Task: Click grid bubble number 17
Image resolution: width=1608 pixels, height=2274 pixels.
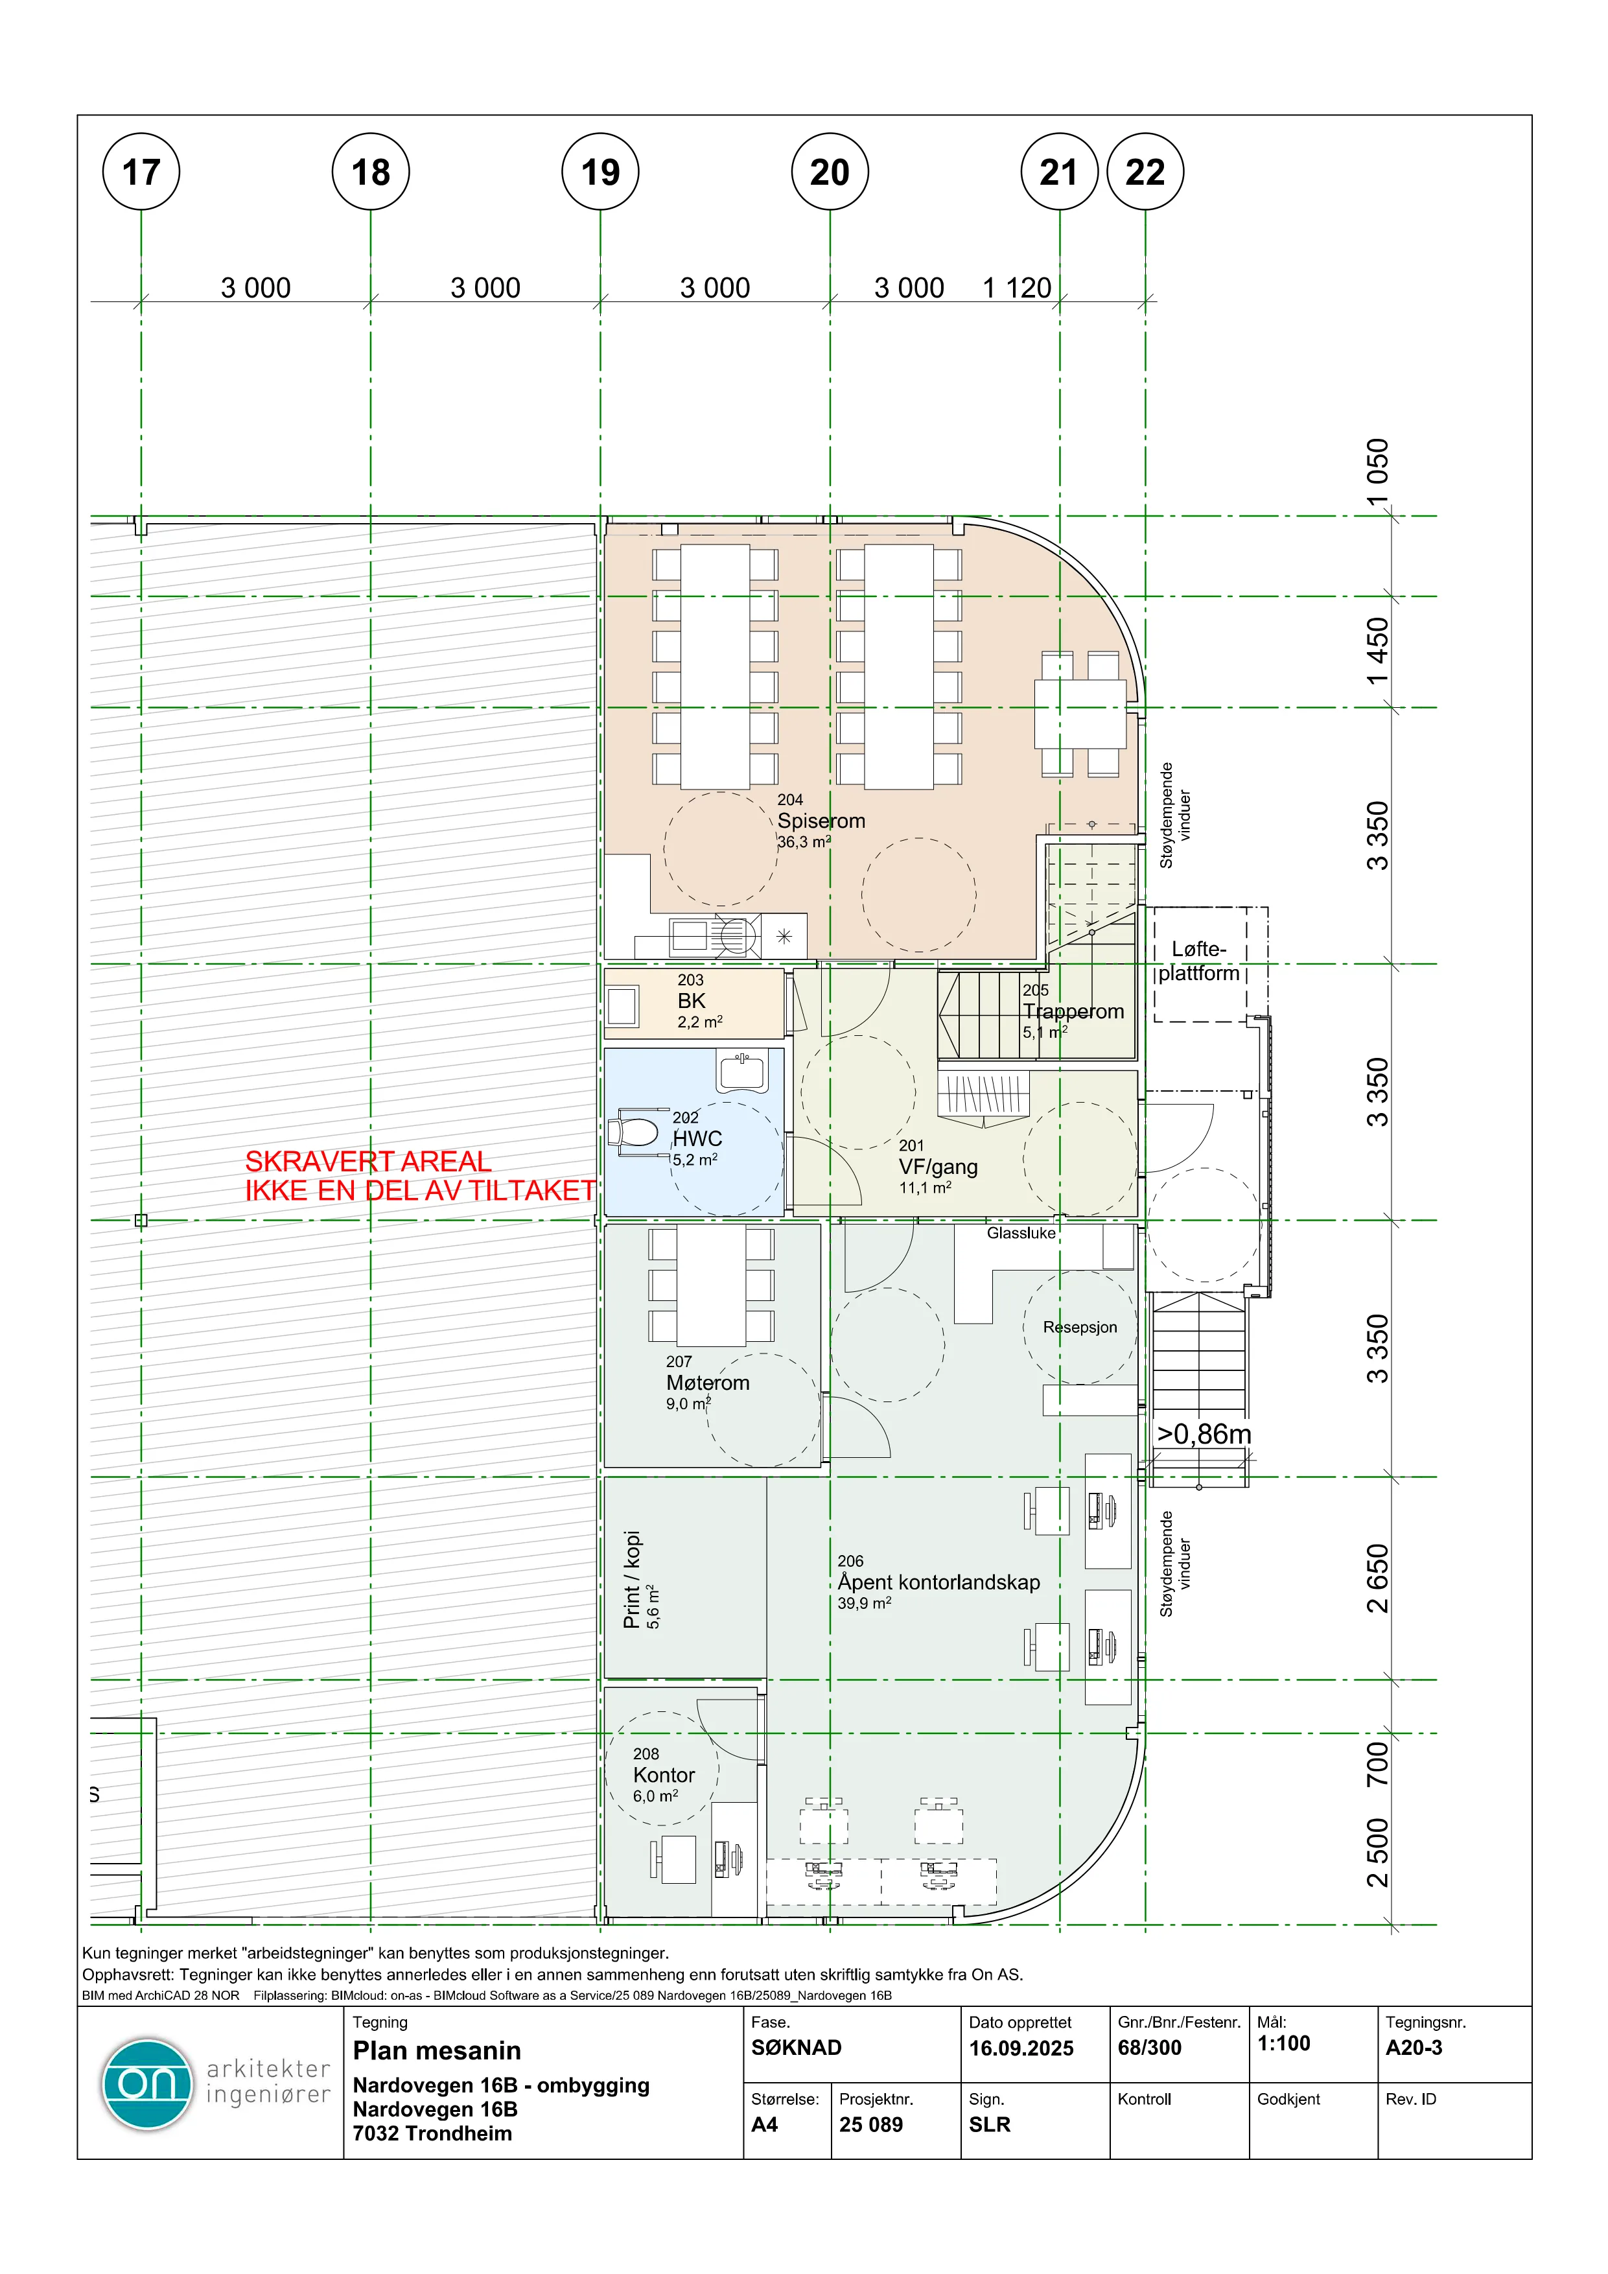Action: click(141, 171)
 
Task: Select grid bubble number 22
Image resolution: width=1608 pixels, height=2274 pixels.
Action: click(1146, 171)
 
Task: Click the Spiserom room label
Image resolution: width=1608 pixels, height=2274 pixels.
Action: click(821, 821)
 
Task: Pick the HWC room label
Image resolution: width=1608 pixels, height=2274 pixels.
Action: click(697, 1139)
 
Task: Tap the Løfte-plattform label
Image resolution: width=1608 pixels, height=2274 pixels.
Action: click(1199, 961)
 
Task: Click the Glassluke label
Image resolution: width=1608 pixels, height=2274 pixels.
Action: click(1021, 1233)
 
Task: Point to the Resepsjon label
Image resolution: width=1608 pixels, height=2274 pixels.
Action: click(1079, 1327)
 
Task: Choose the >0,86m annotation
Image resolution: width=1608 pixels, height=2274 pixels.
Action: click(1204, 1434)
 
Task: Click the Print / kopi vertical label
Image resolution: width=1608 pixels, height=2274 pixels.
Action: click(632, 1580)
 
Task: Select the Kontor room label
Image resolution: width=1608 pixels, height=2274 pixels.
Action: click(664, 1775)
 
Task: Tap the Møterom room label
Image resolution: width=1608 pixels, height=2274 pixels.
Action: click(707, 1383)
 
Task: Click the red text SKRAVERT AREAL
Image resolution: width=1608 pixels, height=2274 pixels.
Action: click(368, 1161)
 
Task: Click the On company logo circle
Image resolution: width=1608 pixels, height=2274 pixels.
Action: click(146, 2084)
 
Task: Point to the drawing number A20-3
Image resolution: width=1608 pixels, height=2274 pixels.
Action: click(1414, 2047)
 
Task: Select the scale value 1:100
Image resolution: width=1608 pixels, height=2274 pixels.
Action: click(1283, 2043)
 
